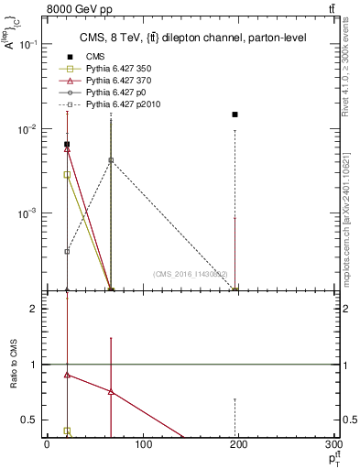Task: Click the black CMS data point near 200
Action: [235, 115]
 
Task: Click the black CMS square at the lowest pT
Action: [67, 144]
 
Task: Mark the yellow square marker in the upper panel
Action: [67, 174]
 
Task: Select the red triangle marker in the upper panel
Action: [67, 148]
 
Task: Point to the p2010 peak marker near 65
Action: [111, 159]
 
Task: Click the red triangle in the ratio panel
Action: [67, 375]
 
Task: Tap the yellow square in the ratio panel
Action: [67, 430]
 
